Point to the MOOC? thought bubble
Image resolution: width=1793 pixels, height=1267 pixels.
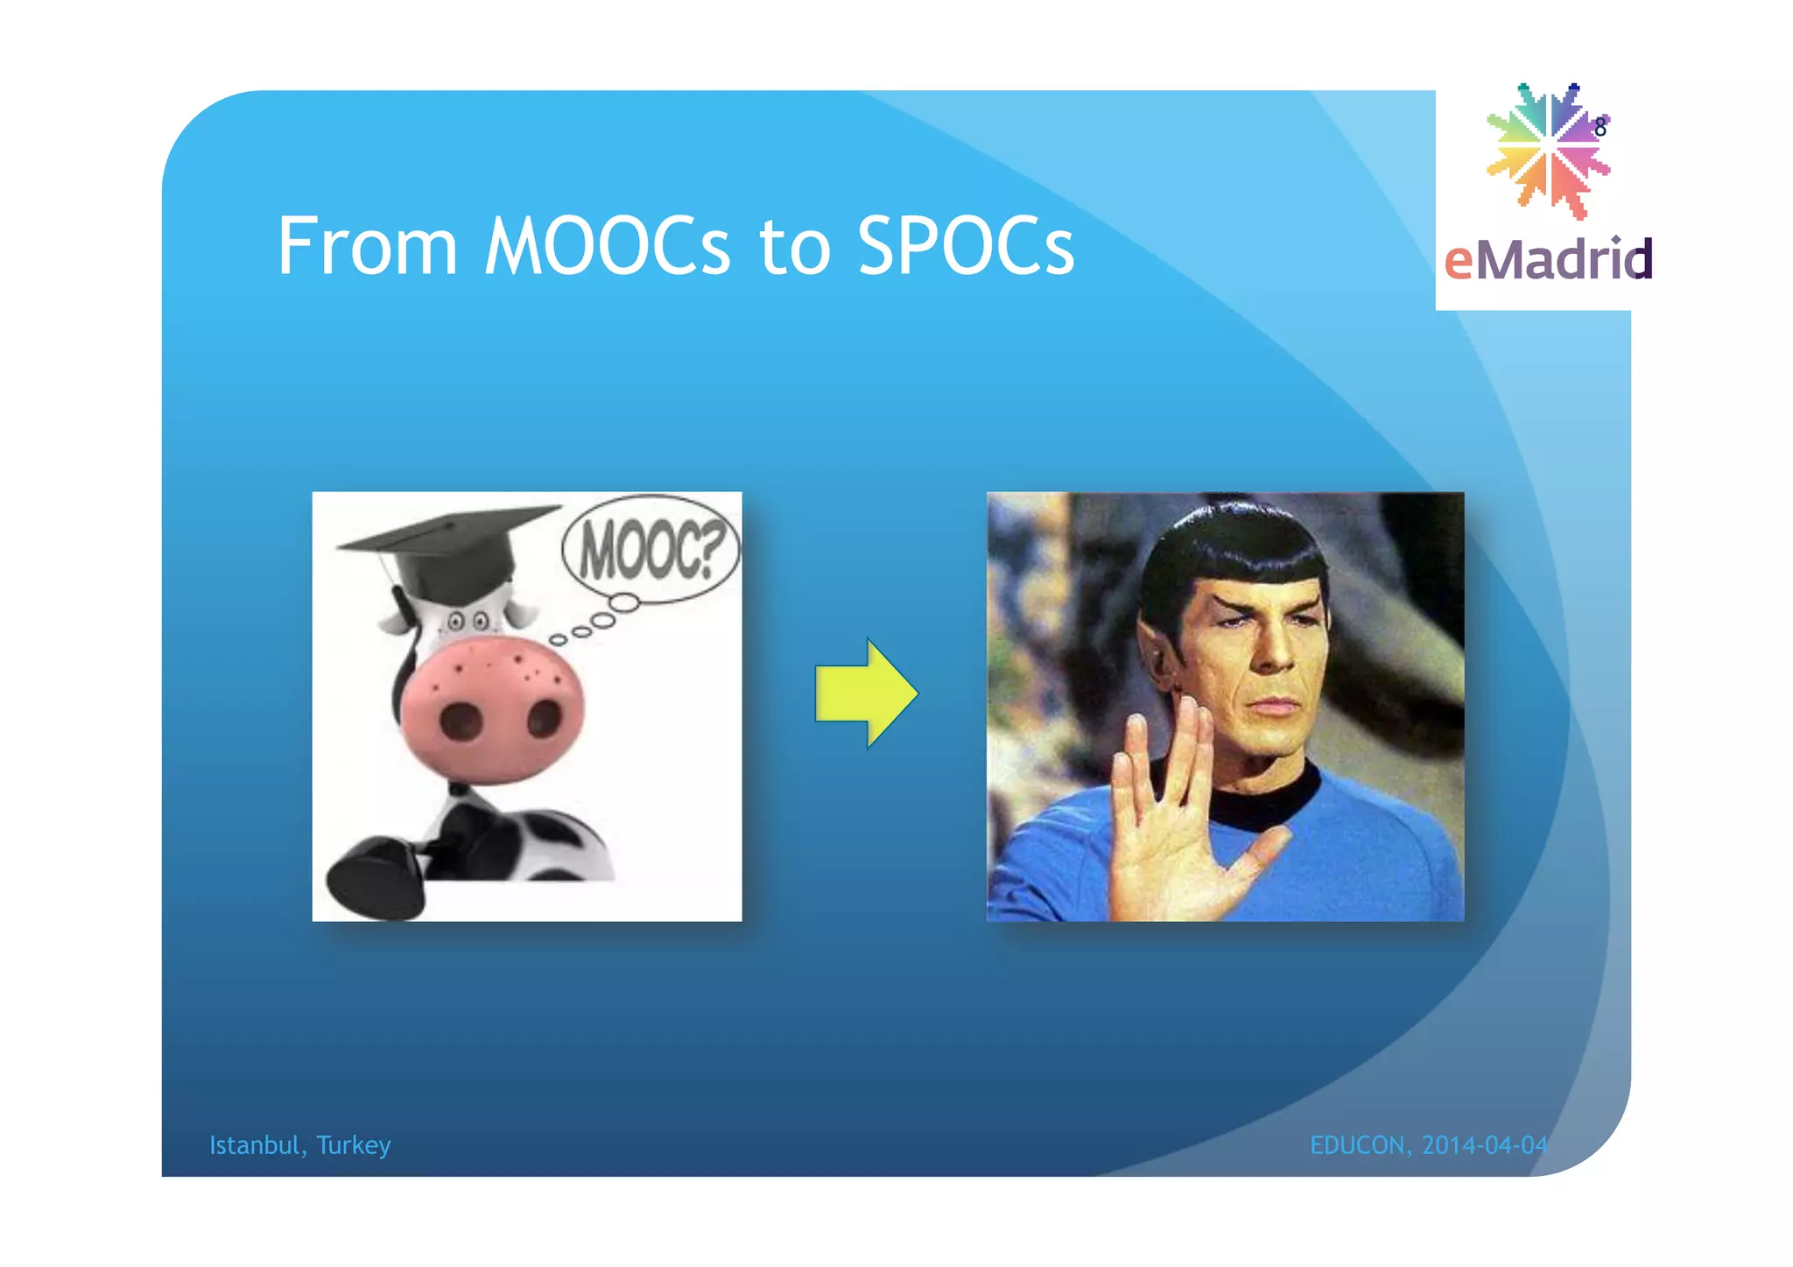[650, 550]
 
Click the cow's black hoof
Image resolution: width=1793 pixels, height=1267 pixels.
[376, 876]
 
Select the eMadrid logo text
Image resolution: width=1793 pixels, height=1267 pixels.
[1548, 260]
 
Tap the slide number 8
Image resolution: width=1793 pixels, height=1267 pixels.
[1600, 128]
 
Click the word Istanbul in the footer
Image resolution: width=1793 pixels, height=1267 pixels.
[254, 1145]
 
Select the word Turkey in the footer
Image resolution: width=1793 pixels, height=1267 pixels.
[354, 1145]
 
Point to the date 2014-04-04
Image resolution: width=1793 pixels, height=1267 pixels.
[1485, 1145]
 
